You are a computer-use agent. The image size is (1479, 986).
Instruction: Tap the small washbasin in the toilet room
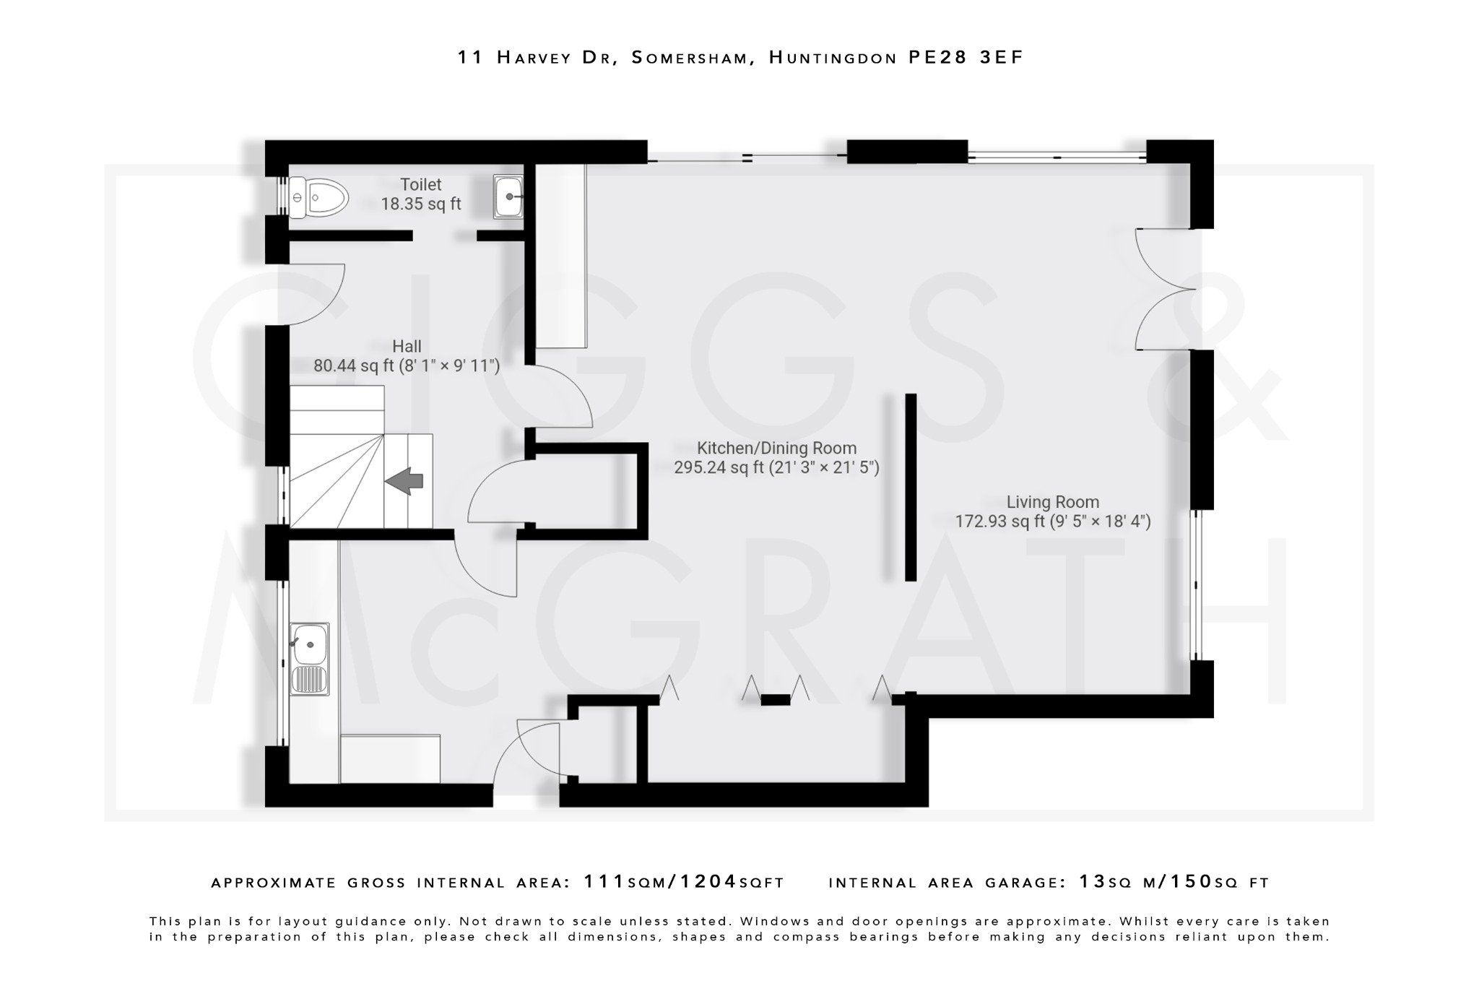[x=508, y=196]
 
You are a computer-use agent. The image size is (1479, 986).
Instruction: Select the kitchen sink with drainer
[x=309, y=659]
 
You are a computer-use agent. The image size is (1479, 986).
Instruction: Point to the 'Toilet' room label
[x=421, y=185]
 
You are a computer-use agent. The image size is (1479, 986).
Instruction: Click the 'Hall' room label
[x=407, y=347]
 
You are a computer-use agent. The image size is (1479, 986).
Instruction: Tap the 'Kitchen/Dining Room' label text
[x=776, y=449]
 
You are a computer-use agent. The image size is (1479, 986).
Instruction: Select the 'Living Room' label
[x=1052, y=502]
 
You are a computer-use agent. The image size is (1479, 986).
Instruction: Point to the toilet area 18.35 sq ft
[x=421, y=204]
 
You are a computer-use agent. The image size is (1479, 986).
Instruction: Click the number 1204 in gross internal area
[x=708, y=882]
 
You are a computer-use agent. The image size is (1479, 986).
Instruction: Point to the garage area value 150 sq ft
[x=1191, y=882]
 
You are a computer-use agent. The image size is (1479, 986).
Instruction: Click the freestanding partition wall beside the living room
[x=911, y=487]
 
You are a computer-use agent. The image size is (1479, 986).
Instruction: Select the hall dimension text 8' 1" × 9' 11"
[x=449, y=366]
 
